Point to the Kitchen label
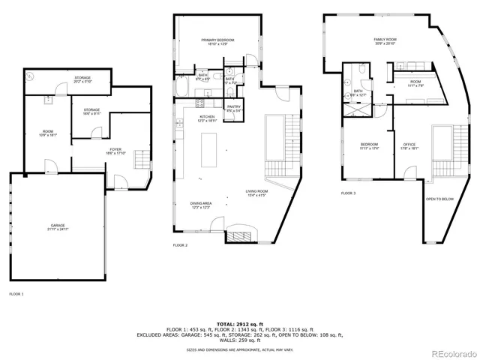coord(207,118)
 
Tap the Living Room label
coord(256,193)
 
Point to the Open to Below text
coord(440,199)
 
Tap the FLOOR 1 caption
coord(16,294)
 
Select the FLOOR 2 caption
coord(180,245)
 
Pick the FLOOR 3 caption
coord(349,193)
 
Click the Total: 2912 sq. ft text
coord(239,322)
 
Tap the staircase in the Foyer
coord(141,160)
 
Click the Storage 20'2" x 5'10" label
coord(82,79)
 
